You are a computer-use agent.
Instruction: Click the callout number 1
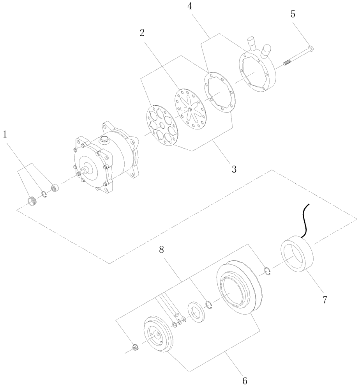coord(5,135)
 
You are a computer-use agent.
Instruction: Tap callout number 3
coord(234,169)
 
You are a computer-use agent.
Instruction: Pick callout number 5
coord(293,14)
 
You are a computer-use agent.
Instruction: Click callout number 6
coord(244,380)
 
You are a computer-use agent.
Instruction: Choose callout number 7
coord(324,300)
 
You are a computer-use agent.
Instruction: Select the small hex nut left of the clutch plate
coord(135,347)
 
